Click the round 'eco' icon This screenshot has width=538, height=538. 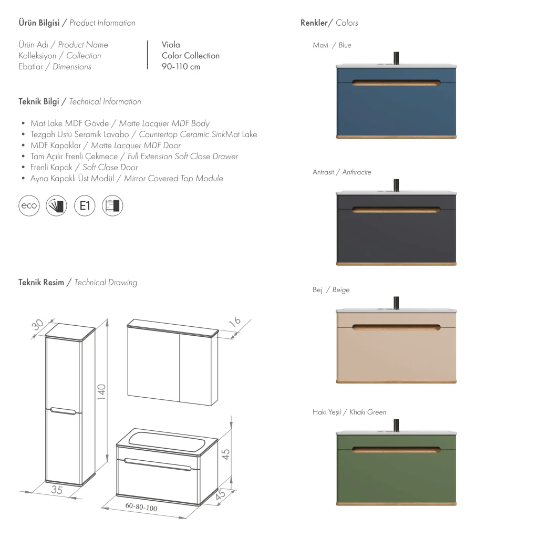point(29,205)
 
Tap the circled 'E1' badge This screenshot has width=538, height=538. point(85,205)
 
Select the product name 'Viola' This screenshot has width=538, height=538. point(171,45)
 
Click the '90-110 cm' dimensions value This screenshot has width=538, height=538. point(181,67)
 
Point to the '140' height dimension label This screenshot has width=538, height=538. point(101,391)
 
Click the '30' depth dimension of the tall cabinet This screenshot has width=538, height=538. point(38,324)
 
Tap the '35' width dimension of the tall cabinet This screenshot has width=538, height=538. point(57,490)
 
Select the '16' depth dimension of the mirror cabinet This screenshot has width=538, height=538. point(235,322)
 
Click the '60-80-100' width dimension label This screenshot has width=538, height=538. point(141,507)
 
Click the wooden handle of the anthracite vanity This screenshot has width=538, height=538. point(396,210)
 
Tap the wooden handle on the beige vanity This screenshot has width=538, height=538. point(396,327)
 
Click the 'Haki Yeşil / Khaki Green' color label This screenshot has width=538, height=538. point(349,412)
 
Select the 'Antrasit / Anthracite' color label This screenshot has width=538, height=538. point(342,172)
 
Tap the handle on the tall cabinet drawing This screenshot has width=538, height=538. point(63,411)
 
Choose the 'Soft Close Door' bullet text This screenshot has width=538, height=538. point(110,168)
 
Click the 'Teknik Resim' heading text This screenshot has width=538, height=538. point(41,282)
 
